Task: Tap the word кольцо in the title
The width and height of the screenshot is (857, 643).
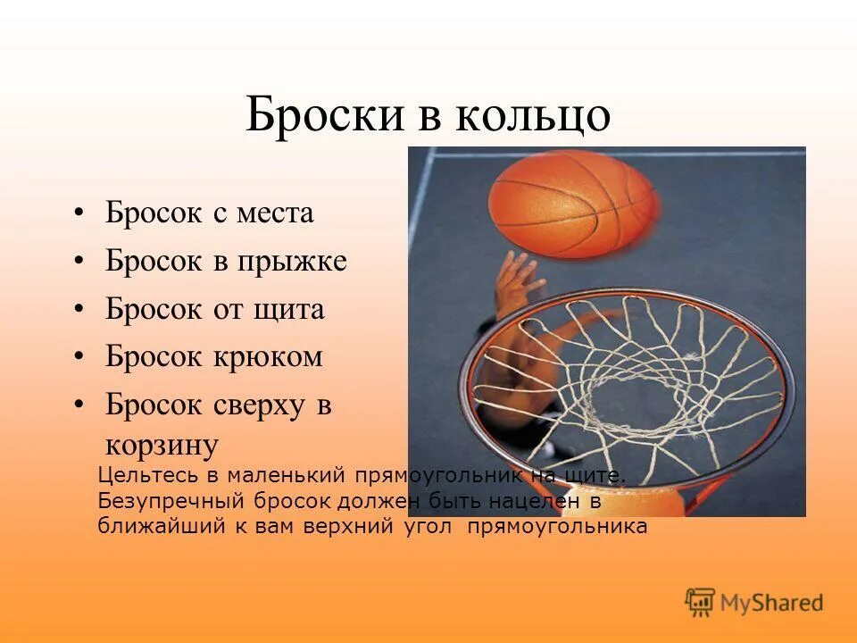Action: point(535,116)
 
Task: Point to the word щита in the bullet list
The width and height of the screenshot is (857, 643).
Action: point(290,310)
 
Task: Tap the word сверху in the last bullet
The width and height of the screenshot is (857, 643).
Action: point(258,405)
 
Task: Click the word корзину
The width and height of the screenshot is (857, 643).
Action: point(162,444)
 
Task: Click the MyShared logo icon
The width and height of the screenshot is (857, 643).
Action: point(700,603)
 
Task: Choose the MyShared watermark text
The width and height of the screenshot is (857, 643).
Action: point(771,604)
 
